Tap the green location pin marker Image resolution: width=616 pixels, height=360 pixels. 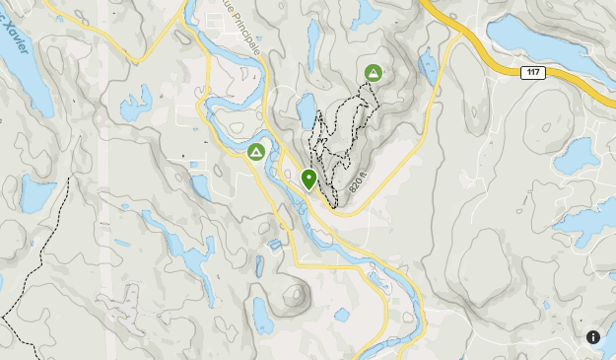click(308, 180)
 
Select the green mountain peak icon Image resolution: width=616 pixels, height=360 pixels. click(374, 72)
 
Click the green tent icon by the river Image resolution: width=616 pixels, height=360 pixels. click(255, 152)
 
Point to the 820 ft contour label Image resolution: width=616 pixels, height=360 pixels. click(357, 182)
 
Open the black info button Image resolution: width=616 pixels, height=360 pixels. click(593, 337)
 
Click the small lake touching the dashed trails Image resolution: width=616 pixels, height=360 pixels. click(308, 109)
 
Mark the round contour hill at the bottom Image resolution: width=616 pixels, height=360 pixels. click(294, 294)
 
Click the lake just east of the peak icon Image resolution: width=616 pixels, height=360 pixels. click(427, 67)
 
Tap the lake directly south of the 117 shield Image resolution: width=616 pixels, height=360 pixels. click(577, 153)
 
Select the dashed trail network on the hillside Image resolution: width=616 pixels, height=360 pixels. click(340, 138)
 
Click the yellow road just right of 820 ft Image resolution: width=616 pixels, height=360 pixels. click(379, 178)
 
